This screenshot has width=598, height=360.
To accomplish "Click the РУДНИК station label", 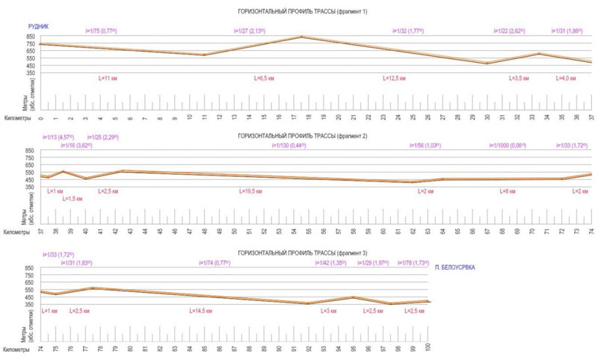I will (x=38, y=26).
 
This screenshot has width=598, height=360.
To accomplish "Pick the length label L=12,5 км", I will (x=396, y=78).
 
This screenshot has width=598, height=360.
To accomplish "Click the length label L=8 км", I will (x=508, y=192).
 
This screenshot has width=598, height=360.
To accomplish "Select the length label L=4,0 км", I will (x=567, y=78).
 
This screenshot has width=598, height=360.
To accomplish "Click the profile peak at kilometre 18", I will (x=301, y=37).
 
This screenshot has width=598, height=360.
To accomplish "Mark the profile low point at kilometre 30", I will (x=487, y=63).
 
